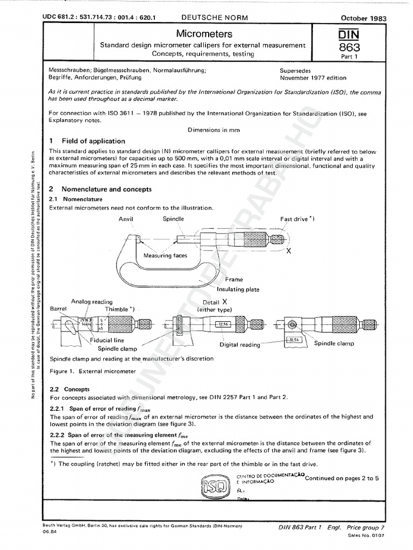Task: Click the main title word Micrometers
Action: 201,33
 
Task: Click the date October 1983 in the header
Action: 364,18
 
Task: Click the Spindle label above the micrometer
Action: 173,219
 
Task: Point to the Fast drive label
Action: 297,219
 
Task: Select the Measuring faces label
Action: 165,256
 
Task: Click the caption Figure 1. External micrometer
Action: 92,371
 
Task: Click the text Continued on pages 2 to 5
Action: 341,478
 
